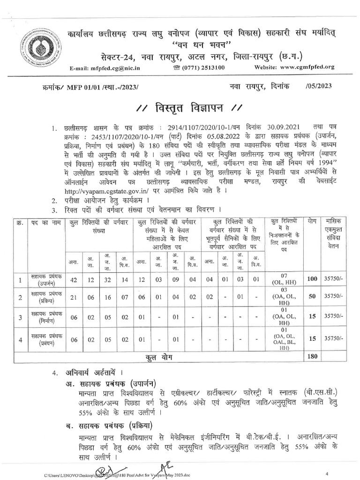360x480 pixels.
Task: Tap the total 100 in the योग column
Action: (312, 279)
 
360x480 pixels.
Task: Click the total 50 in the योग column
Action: (312, 296)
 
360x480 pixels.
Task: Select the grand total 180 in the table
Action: (312, 356)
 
